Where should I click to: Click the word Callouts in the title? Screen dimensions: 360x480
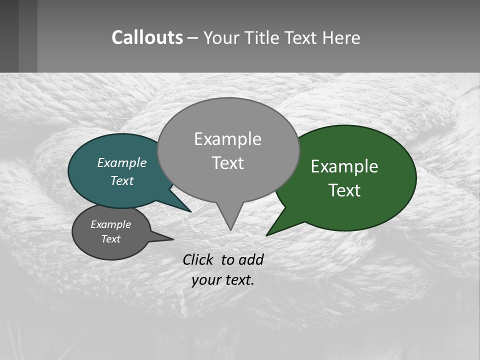click(x=147, y=37)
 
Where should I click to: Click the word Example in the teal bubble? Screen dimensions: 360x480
click(x=121, y=163)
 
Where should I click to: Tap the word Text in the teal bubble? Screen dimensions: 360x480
click(x=121, y=180)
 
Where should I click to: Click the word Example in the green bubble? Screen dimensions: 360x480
click(x=344, y=166)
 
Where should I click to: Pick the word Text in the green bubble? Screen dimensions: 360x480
click(x=344, y=190)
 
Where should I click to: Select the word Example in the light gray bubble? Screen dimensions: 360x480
click(x=227, y=139)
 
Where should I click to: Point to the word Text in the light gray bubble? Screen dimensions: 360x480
click(x=228, y=163)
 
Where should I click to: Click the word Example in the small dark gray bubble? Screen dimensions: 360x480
click(x=110, y=224)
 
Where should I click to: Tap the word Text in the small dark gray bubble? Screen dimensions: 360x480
click(x=110, y=239)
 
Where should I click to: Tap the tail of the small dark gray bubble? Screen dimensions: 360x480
click(x=170, y=239)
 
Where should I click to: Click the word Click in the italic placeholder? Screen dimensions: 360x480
click(x=198, y=259)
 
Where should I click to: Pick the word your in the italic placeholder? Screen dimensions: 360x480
click(x=205, y=280)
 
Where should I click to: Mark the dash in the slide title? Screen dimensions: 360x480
click(x=193, y=38)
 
